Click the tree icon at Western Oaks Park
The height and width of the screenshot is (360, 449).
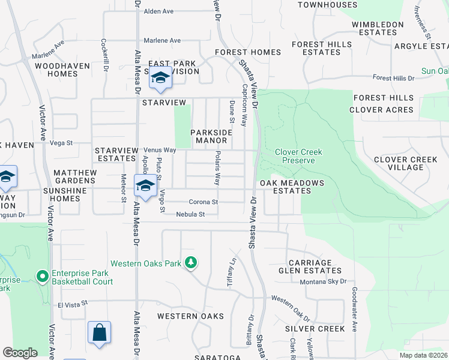point(191,263)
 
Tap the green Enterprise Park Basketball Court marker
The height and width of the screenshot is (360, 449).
point(42,277)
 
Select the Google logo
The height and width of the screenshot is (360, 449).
point(20,353)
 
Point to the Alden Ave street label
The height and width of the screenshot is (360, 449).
point(158,11)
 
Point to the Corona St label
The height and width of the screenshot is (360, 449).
point(203,202)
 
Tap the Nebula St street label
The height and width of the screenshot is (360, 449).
point(191,214)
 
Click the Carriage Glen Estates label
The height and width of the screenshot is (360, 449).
point(310,266)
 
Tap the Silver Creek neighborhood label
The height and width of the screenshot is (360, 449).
point(315,329)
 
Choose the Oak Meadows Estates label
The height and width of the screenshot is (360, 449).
point(292,187)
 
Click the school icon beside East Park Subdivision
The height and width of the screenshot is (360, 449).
point(160,79)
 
